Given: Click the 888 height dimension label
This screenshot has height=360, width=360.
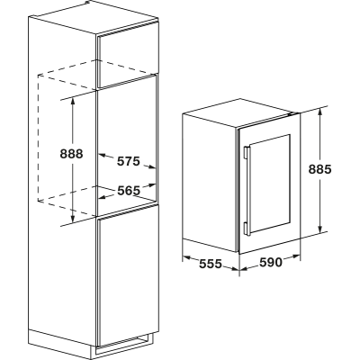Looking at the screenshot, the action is (x=71, y=154).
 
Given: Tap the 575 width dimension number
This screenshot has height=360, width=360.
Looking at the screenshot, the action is (x=129, y=161).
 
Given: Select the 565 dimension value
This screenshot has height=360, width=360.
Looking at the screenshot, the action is (x=129, y=191).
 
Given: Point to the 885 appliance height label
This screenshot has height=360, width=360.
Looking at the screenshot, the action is (x=319, y=169).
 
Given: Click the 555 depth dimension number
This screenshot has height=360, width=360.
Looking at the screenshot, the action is (x=211, y=264).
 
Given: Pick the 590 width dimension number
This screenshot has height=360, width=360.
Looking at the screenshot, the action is (x=271, y=263).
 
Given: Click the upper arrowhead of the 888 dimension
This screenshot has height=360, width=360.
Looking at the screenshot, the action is (x=73, y=101).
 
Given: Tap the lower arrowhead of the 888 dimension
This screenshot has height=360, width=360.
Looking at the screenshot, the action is (x=72, y=220).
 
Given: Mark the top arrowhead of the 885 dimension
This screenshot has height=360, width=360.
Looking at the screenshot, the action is (x=320, y=112).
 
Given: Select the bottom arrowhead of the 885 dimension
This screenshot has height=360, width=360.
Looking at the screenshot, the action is (x=320, y=229).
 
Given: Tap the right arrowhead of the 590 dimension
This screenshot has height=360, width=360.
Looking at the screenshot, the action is (x=295, y=257).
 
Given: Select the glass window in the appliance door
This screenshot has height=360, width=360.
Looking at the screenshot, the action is (x=270, y=184).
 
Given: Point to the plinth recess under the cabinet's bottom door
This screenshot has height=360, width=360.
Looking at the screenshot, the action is (x=124, y=344).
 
